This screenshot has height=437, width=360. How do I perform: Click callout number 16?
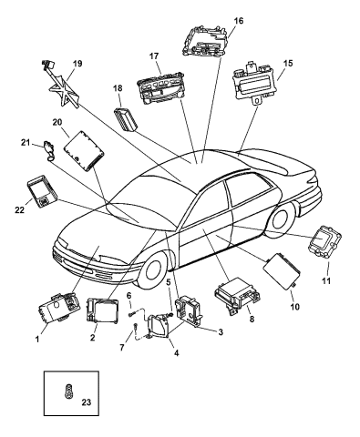coord(239,21)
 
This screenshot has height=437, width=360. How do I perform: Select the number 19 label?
coord(77,64)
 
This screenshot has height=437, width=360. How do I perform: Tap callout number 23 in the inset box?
coord(87,402)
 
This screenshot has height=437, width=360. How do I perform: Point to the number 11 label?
coord(326,281)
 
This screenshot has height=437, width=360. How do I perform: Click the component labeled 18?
coord(126,118)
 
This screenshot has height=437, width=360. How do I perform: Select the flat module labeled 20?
coord(84,151)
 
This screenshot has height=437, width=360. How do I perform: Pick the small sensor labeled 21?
coord(48,150)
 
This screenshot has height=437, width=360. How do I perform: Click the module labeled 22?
coord(42,190)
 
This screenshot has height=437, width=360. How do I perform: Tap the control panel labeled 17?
coord(160,88)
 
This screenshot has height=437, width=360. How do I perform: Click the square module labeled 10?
coord(282,270)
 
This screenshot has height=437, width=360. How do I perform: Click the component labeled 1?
coord(59,307)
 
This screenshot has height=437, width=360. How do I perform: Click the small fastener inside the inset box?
coord(68,390)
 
